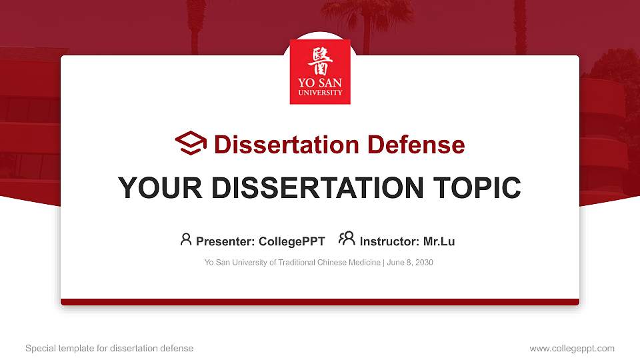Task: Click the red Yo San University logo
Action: click(x=320, y=72)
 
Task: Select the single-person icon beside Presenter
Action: click(x=186, y=239)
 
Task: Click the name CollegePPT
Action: click(x=292, y=241)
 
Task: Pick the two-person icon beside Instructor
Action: click(x=347, y=239)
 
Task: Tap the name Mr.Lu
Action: click(x=439, y=241)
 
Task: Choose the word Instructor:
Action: click(x=389, y=241)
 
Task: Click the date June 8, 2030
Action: click(x=410, y=263)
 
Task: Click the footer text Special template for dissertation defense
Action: click(x=109, y=348)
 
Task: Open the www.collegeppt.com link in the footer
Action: click(x=572, y=348)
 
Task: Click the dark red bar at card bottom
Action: click(x=320, y=302)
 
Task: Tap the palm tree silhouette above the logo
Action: click(x=365, y=20)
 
